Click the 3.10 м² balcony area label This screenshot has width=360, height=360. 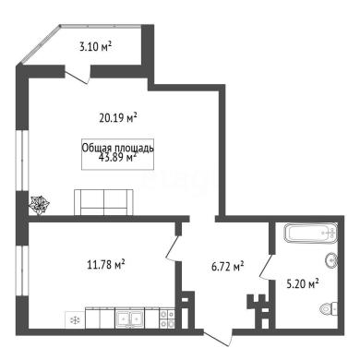(x=95, y=47)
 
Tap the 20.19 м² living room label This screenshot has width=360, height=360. (x=118, y=117)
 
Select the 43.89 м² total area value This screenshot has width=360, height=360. (x=118, y=158)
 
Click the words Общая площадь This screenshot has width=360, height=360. (x=117, y=148)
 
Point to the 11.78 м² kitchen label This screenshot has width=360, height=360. (x=106, y=265)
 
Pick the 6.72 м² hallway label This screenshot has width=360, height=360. (x=228, y=267)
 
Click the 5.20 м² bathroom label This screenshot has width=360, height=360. (x=303, y=283)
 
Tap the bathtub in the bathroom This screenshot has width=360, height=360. (x=311, y=234)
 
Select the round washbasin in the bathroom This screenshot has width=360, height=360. (x=331, y=261)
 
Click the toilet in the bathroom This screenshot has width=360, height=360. (x=329, y=307)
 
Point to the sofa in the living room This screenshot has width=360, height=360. (x=103, y=202)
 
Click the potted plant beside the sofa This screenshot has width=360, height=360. (x=39, y=205)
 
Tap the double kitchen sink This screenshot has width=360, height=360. (x=129, y=318)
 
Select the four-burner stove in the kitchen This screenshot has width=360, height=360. (x=167, y=318)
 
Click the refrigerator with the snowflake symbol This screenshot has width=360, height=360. (x=75, y=320)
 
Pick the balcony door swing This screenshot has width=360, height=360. (x=77, y=77)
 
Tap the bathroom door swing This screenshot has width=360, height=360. (x=267, y=267)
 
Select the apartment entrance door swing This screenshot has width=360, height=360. (x=218, y=339)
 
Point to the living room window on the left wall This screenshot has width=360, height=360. (x=22, y=161)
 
